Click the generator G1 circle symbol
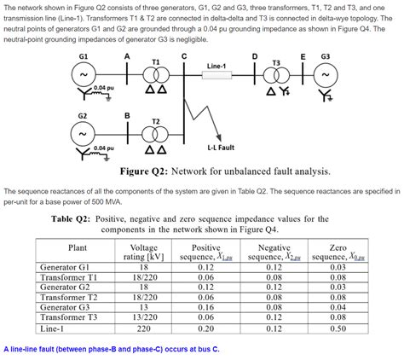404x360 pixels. [83, 75]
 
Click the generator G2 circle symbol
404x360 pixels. [83, 134]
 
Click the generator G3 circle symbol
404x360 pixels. [326, 75]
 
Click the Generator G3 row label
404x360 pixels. [72, 306]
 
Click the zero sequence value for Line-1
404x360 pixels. [338, 327]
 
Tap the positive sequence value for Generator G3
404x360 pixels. [206, 306]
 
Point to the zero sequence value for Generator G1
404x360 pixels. [338, 267]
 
